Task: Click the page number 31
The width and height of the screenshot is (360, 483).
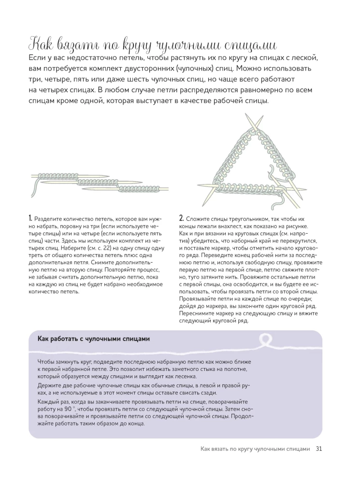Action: click(319, 449)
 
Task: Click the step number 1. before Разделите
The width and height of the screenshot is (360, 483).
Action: click(30, 218)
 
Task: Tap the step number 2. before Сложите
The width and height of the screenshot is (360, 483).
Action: click(182, 218)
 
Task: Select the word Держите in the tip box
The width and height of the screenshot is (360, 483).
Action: click(49, 385)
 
